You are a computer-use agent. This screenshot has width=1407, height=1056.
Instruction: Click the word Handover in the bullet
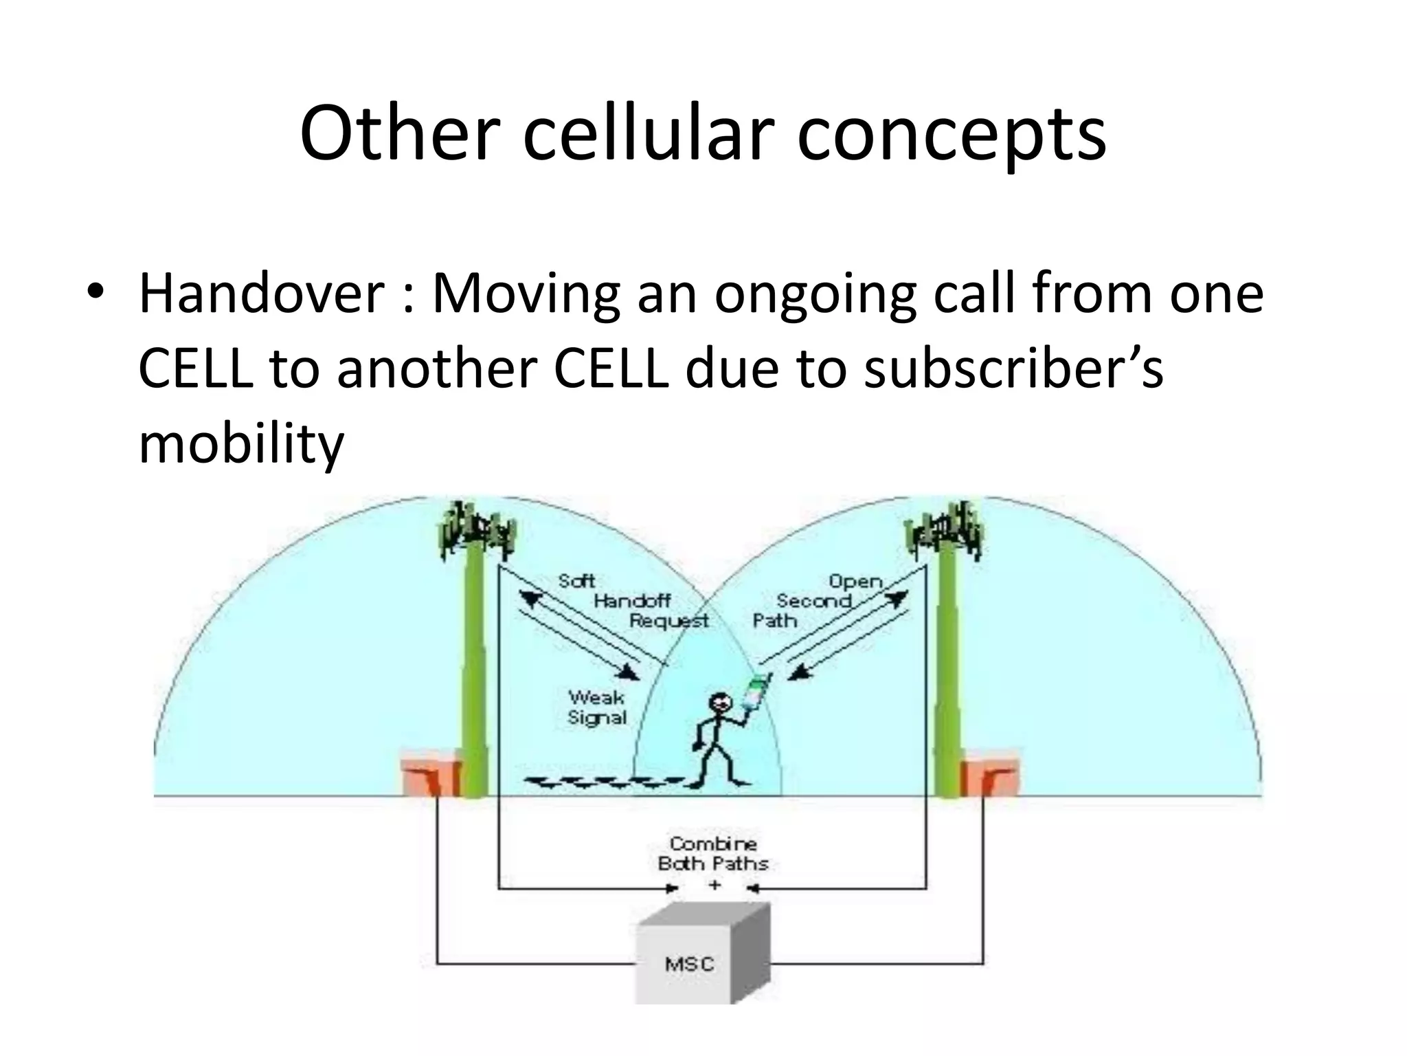(x=261, y=294)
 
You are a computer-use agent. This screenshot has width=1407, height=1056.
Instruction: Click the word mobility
(x=240, y=443)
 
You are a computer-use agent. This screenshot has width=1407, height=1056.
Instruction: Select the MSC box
(x=690, y=963)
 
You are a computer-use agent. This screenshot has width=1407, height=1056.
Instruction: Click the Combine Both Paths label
(x=712, y=853)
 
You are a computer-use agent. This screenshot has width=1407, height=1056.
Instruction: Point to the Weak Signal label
(x=596, y=707)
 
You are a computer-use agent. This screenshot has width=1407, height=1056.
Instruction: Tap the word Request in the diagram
(x=668, y=621)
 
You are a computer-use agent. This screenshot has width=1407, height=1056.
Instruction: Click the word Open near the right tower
(x=855, y=582)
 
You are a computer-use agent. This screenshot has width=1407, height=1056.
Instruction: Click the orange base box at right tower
(x=989, y=777)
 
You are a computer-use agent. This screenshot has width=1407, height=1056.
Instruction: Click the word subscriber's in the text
(x=1013, y=368)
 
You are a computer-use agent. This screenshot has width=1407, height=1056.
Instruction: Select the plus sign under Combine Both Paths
(x=714, y=885)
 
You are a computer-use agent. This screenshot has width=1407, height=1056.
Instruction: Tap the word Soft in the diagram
(x=576, y=582)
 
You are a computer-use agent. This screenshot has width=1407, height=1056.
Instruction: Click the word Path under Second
(x=774, y=621)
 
